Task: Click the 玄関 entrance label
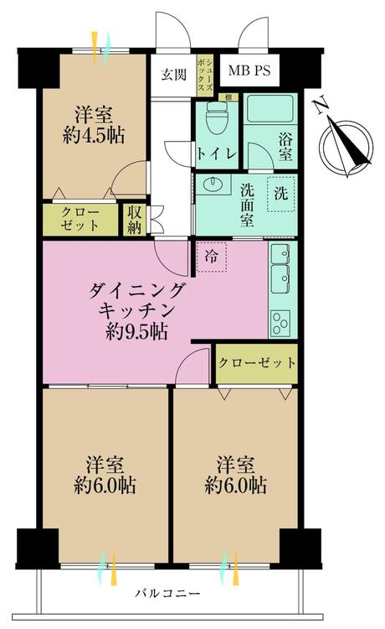point(173,73)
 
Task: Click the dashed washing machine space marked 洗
point(279,194)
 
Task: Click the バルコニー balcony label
point(169,594)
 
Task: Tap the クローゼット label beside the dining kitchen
point(258,363)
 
